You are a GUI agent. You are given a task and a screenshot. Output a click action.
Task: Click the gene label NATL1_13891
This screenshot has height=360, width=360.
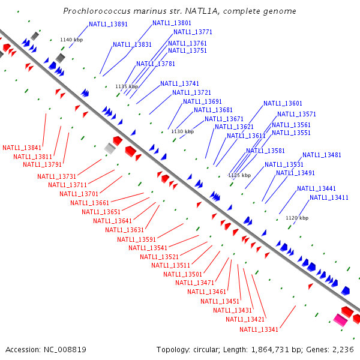point(108,25)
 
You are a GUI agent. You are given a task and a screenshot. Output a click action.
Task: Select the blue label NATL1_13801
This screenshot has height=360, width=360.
point(172,23)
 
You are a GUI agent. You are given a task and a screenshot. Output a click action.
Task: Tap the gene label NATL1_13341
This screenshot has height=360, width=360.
point(259,329)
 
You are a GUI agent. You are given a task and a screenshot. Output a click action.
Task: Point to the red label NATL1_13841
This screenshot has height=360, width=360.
point(22,148)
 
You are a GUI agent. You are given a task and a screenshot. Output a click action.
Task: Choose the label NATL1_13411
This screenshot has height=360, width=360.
point(329,197)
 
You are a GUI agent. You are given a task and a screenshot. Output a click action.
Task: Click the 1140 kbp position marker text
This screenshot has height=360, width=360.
point(71,40)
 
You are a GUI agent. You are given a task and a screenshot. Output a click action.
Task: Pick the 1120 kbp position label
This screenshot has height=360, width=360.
point(297,218)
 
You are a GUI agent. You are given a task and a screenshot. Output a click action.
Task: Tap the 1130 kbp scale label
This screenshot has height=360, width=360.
point(182,131)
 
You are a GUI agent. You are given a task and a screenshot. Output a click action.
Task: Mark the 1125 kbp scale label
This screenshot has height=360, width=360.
point(239,175)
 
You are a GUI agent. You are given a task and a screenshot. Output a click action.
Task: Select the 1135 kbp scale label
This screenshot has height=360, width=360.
point(127,86)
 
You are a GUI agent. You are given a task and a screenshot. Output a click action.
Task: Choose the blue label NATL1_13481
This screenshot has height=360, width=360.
point(322,155)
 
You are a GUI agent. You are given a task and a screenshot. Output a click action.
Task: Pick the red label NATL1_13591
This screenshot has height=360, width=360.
point(136,239)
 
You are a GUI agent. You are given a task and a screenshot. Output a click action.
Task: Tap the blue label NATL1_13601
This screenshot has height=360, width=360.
point(283,103)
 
